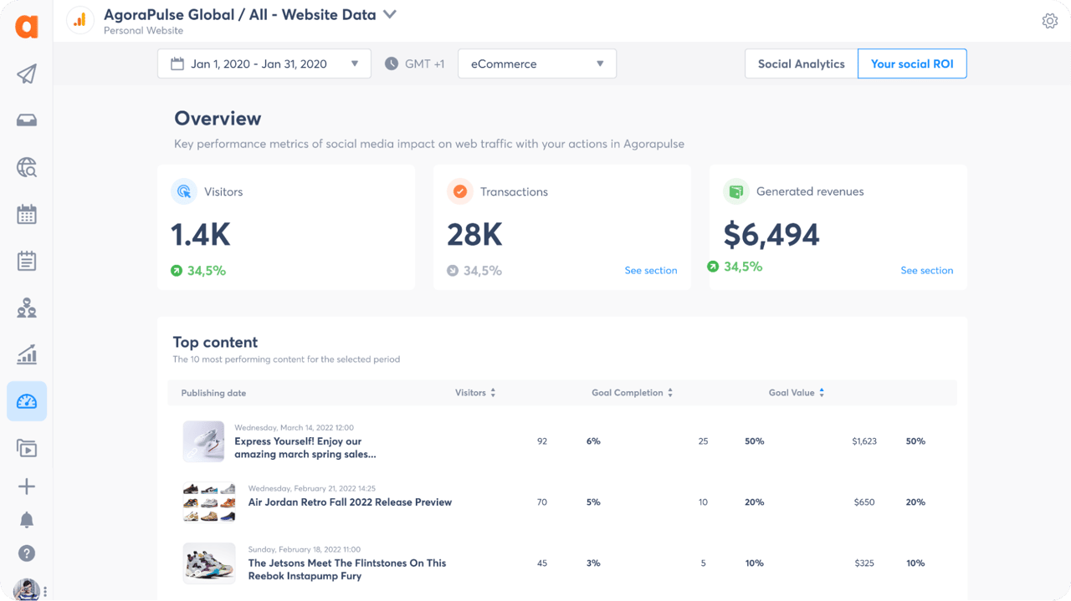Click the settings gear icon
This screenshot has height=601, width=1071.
click(x=1049, y=21)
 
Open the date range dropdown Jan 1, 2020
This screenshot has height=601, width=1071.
click(x=264, y=64)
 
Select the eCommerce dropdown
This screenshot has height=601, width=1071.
click(x=536, y=64)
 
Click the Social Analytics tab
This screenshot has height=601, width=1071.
click(x=801, y=64)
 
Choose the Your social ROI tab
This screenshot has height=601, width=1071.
click(x=911, y=64)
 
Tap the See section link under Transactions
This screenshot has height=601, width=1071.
click(x=650, y=271)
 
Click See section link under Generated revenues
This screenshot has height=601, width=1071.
click(x=926, y=271)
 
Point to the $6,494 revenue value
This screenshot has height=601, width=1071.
click(x=771, y=235)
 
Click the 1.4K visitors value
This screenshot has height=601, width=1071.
click(x=200, y=235)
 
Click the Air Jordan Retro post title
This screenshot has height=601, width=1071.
click(x=350, y=502)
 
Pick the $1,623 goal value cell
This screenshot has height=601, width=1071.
click(x=863, y=441)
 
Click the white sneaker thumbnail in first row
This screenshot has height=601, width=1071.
click(x=203, y=441)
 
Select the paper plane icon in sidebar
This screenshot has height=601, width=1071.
click(x=27, y=74)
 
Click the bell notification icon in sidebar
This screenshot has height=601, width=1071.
click(x=27, y=520)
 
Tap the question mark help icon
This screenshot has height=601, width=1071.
click(x=27, y=553)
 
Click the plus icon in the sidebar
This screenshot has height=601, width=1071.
click(x=27, y=486)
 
